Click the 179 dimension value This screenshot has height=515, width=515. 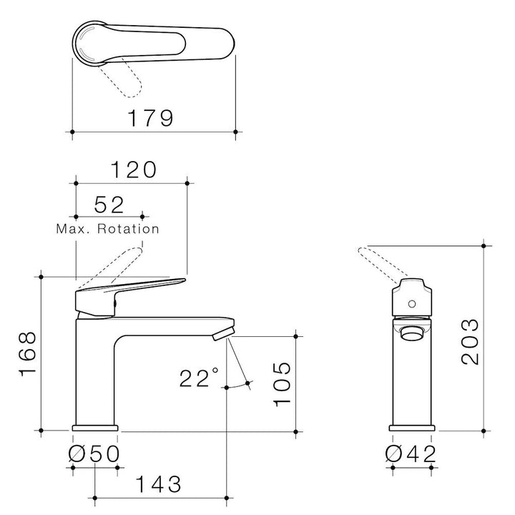(x=150, y=118)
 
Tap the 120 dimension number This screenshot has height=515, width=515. (x=134, y=170)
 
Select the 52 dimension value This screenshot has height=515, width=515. (x=109, y=205)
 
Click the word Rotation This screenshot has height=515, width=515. (x=129, y=229)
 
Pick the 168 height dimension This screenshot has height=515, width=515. (x=28, y=354)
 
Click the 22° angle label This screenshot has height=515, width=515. (x=199, y=378)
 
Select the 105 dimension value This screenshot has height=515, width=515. (x=282, y=384)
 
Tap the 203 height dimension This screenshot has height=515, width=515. (x=470, y=342)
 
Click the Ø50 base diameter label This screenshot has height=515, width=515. (x=94, y=454)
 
